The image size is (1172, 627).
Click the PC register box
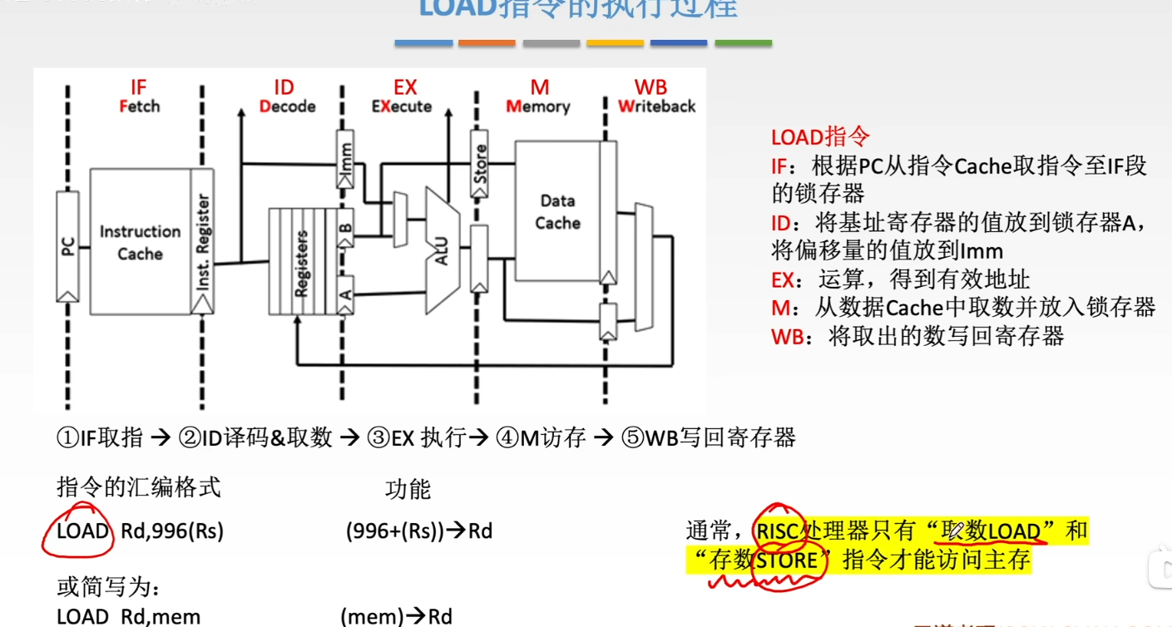point(68,246)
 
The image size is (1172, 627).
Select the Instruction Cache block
point(140,242)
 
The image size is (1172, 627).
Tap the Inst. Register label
point(202,242)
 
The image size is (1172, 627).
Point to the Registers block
point(301,262)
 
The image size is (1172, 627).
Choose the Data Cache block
point(557,212)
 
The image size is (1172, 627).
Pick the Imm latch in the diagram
point(346,154)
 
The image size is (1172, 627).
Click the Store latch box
point(479,165)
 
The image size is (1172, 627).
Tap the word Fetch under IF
point(139,106)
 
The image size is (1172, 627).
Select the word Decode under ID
point(287,106)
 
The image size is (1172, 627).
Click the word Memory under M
point(538,106)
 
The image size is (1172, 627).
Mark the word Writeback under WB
point(656,106)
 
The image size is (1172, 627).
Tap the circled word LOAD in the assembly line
point(83,531)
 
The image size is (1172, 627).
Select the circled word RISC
point(779,531)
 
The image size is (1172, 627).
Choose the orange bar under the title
point(487,42)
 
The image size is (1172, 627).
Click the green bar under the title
point(743,42)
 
